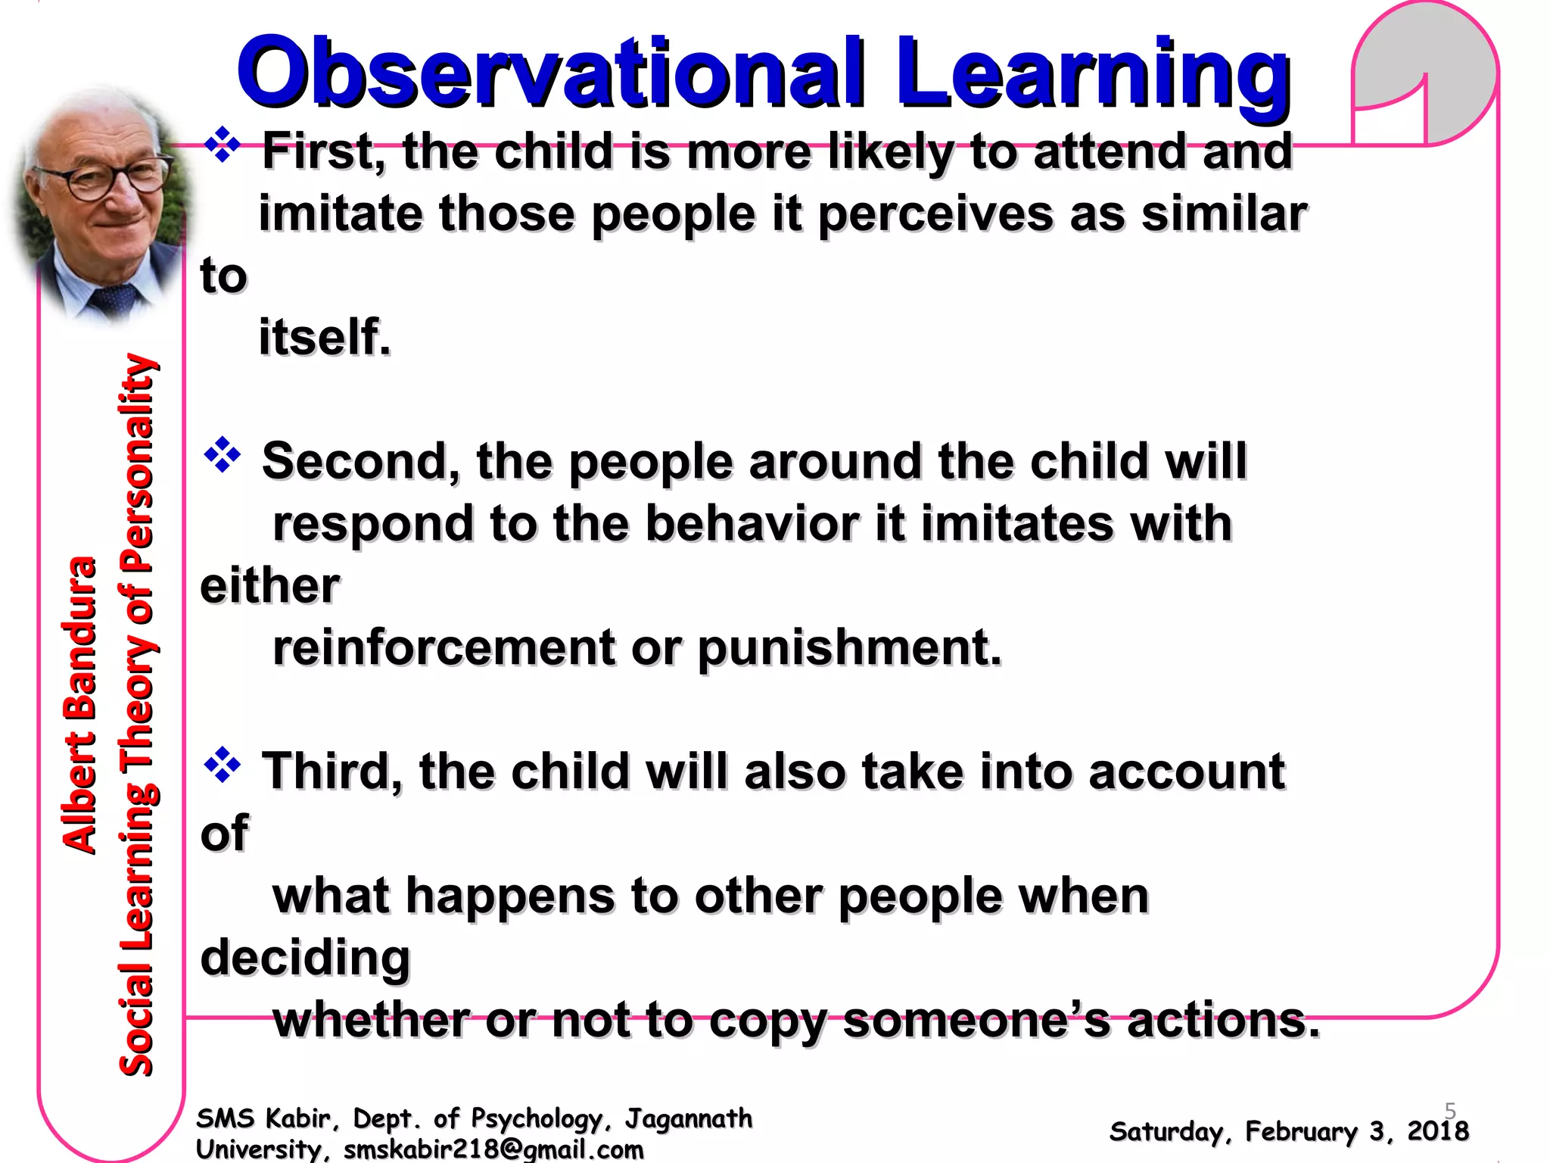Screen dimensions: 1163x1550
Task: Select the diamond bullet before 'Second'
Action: [x=222, y=454]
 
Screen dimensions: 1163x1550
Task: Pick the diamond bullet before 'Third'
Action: [x=222, y=765]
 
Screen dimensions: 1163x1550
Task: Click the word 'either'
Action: [x=269, y=586]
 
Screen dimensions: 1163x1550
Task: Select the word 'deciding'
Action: [x=304, y=959]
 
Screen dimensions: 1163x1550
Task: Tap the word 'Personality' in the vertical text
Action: [x=138, y=462]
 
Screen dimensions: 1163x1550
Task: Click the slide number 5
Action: [x=1450, y=1111]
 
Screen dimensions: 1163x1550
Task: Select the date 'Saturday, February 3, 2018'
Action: [x=1288, y=1132]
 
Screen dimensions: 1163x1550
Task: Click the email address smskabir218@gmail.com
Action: [x=493, y=1149]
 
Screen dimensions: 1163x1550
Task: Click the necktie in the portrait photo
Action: [x=114, y=299]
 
